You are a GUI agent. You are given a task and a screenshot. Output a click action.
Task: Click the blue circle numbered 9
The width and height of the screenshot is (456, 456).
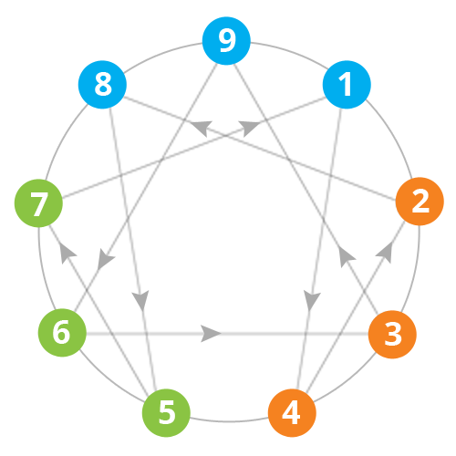(x=226, y=41)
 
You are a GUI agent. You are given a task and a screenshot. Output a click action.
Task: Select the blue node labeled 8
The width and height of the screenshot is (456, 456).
(x=102, y=85)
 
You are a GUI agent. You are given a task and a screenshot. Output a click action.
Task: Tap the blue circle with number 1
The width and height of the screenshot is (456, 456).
(x=347, y=85)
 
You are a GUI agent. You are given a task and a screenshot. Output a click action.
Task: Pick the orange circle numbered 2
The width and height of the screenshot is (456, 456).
(x=420, y=202)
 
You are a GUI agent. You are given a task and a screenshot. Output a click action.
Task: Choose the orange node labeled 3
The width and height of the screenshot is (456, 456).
(x=392, y=335)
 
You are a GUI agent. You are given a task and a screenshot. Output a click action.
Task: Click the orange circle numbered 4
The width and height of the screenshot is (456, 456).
(x=292, y=413)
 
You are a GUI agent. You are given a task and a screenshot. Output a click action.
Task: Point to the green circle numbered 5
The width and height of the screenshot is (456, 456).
(x=166, y=413)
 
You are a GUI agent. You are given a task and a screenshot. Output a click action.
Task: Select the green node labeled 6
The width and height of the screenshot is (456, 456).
(x=62, y=333)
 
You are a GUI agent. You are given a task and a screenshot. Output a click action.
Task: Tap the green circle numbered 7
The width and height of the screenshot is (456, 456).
(x=38, y=203)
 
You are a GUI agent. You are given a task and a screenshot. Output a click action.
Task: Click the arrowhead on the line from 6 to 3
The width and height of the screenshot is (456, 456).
(x=211, y=334)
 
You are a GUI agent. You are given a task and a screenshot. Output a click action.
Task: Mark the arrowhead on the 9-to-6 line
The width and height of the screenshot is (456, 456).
(x=105, y=259)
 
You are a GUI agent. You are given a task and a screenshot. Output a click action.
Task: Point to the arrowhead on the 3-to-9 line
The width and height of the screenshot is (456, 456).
(x=346, y=257)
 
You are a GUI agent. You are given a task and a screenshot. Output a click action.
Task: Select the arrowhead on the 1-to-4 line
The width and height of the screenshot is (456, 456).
(x=311, y=300)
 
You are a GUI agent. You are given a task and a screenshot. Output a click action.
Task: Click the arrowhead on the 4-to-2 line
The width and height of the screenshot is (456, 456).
(x=385, y=252)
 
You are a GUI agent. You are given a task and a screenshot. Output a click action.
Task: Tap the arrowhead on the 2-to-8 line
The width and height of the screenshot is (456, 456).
(x=202, y=128)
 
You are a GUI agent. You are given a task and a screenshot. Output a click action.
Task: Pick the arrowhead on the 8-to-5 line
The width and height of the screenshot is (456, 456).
(x=140, y=300)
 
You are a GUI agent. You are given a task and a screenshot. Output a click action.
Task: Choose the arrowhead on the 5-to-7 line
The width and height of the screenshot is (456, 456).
(x=67, y=253)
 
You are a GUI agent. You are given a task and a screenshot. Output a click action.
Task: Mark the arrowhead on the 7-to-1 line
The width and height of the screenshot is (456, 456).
(x=249, y=129)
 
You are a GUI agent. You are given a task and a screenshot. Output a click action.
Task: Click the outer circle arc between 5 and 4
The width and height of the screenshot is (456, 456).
(x=229, y=421)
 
